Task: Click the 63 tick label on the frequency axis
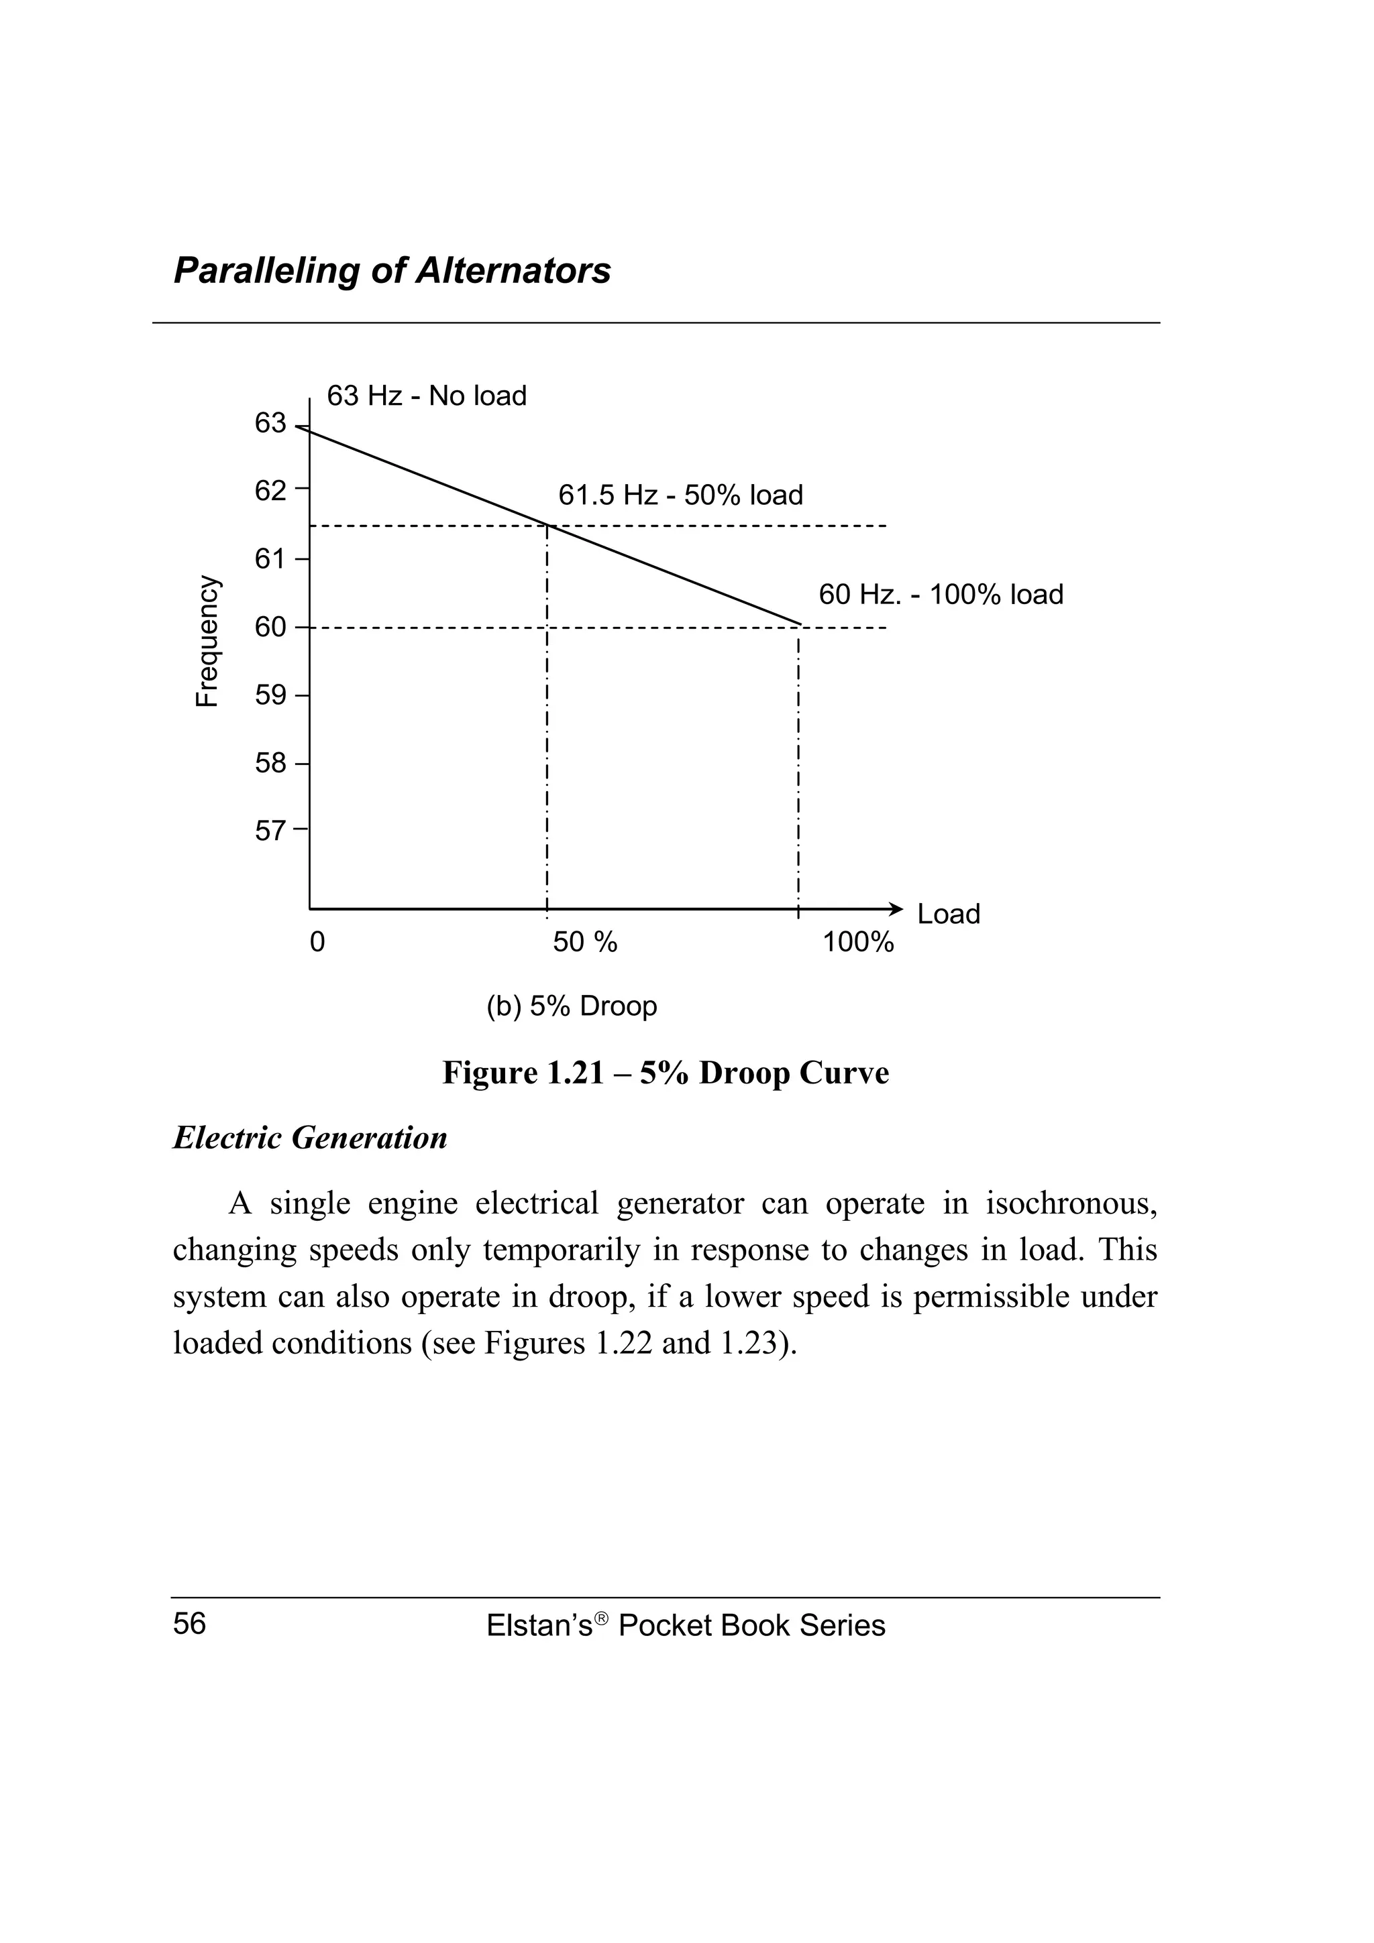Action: point(270,423)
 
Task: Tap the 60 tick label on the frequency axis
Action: point(270,627)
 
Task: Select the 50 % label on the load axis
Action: point(585,942)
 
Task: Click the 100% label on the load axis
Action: point(857,942)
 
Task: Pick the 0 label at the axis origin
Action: point(317,942)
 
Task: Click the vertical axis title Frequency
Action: point(207,640)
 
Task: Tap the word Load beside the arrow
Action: point(948,915)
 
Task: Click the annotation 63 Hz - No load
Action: point(427,396)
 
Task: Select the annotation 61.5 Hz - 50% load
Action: point(680,495)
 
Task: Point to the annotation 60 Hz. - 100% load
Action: point(940,595)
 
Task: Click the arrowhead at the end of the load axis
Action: point(898,909)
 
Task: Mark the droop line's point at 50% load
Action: point(547,526)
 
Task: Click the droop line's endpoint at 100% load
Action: point(799,625)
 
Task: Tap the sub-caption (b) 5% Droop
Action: point(572,1007)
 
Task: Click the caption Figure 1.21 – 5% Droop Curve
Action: point(666,1073)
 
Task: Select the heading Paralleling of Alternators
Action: point(392,271)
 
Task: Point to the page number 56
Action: point(190,1624)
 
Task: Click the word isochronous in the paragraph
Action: point(1070,1203)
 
